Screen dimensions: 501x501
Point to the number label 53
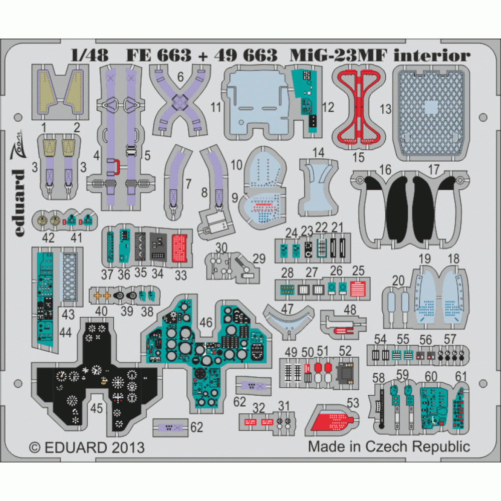coord(353,402)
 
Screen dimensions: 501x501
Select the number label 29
coord(259,259)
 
